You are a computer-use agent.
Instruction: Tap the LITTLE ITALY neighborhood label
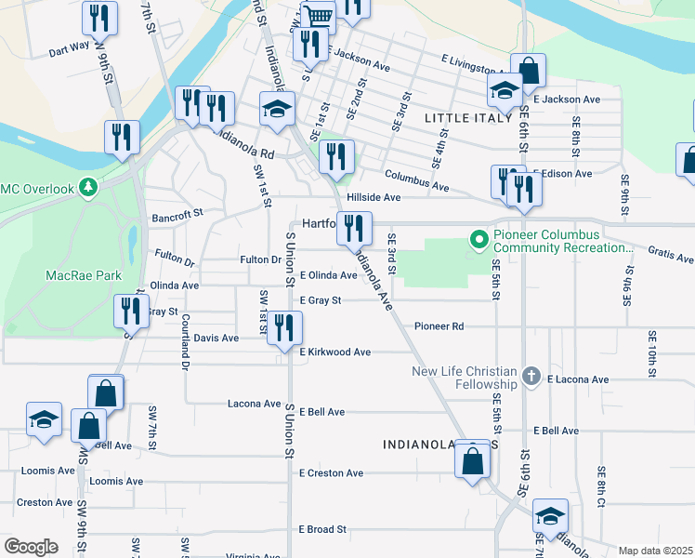tap(467, 118)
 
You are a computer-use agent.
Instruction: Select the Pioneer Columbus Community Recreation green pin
tap(479, 241)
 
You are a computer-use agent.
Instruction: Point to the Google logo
tap(31, 547)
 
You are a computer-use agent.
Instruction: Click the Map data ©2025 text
tap(654, 551)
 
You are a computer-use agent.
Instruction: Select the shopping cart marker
tap(318, 16)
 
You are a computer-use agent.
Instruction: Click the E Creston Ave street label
tap(331, 473)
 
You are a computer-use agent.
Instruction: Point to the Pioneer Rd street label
tap(439, 326)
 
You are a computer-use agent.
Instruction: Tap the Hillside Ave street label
tap(374, 197)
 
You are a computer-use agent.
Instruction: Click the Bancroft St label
tap(177, 215)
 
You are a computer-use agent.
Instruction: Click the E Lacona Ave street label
tap(577, 379)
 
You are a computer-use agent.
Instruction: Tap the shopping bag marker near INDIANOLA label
tap(473, 460)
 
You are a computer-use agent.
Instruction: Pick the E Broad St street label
tap(322, 529)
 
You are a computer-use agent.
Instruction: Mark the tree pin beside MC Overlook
tap(88, 189)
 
